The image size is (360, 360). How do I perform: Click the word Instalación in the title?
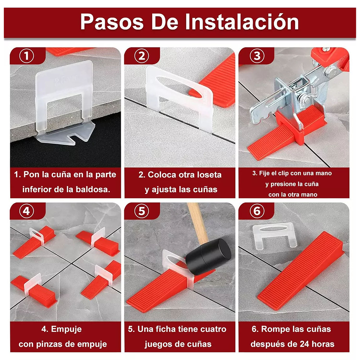[242, 22]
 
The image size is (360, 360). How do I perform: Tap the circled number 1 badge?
[27, 56]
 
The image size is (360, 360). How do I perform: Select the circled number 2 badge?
[141, 56]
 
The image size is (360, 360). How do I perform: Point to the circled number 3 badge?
[257, 56]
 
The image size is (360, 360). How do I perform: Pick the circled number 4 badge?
[27, 211]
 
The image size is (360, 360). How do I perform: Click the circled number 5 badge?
[141, 211]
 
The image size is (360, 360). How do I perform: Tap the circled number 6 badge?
[257, 211]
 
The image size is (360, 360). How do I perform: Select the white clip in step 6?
[273, 235]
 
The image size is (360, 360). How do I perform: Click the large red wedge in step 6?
[300, 270]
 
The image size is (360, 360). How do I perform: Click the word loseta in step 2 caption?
[209, 175]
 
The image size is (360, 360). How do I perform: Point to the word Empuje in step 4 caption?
[66, 329]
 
